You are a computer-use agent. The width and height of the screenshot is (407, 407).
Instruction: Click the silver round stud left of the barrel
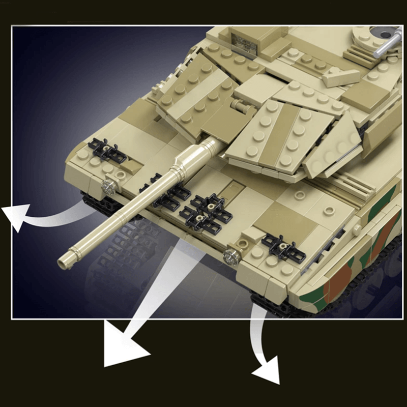pyautogui.click(x=108, y=187)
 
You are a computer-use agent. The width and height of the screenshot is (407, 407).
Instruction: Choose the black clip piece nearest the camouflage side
pyautogui.click(x=282, y=246)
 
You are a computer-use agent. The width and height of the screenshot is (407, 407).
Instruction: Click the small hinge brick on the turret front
pyautogui.click(x=238, y=106)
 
